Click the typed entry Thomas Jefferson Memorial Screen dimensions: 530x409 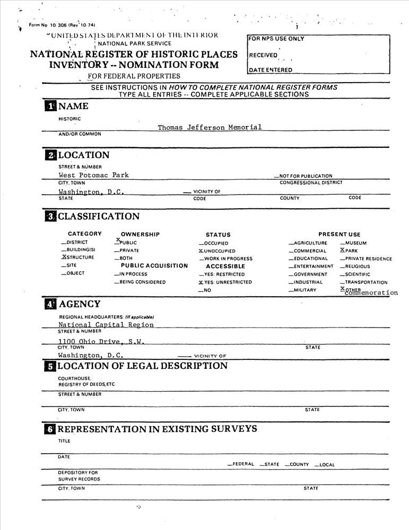coord(210,127)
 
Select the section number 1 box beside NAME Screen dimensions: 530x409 coord(50,106)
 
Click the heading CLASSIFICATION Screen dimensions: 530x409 coord(99,216)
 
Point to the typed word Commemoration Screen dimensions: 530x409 coord(371,293)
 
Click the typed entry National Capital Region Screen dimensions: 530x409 coord(106,324)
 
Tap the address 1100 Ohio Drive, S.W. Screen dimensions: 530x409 coord(101,341)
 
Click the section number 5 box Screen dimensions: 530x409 coord(50,366)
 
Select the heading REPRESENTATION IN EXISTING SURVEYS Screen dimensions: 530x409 coord(157,428)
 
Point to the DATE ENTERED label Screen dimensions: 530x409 coord(270,70)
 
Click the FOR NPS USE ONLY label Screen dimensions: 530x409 coord(276,39)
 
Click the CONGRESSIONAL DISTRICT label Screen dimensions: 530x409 coord(311,183)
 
